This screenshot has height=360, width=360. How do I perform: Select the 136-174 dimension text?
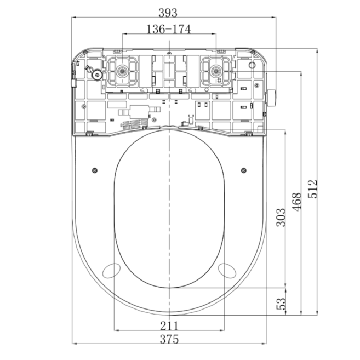pos(168,30)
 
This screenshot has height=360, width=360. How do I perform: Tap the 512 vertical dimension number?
pos(313,189)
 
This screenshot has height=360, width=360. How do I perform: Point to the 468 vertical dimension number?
pos(296,201)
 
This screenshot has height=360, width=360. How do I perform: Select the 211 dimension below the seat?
pos(169,325)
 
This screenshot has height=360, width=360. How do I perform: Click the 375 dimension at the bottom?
pos(169,339)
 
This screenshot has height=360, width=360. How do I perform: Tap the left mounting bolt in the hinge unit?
pos(122,71)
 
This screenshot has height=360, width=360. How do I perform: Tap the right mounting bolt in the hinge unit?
pos(216,71)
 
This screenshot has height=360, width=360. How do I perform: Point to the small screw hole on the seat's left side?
pos(95,169)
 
